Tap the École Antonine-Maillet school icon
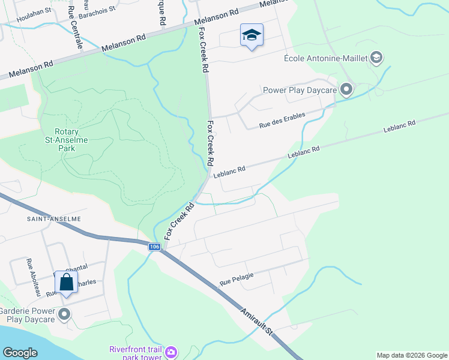(x=377, y=58)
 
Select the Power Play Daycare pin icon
(x=346, y=90)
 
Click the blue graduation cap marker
(x=252, y=35)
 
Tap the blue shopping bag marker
(x=66, y=282)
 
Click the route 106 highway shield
(x=155, y=247)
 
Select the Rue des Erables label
(x=282, y=119)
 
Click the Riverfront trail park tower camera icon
(x=171, y=351)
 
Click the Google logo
(x=20, y=352)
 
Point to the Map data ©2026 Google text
(x=412, y=355)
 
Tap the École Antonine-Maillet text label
(x=326, y=58)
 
